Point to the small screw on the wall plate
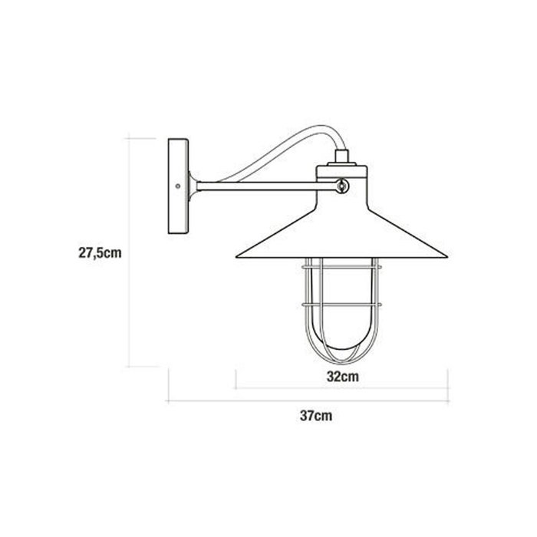(x=178, y=186)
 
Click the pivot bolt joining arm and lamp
(x=342, y=184)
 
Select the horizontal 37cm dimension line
(x=307, y=400)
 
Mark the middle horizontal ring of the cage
(x=342, y=305)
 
